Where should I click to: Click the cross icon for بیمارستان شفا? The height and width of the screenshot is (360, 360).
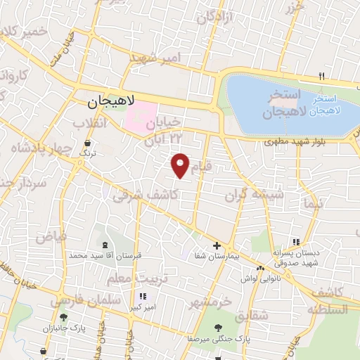tap(217, 246)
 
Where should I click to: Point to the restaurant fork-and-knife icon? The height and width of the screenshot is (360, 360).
tap(322, 75)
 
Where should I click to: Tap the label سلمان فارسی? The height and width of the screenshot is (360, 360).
tap(77, 301)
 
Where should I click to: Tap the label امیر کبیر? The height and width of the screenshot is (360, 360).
tap(143, 307)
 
